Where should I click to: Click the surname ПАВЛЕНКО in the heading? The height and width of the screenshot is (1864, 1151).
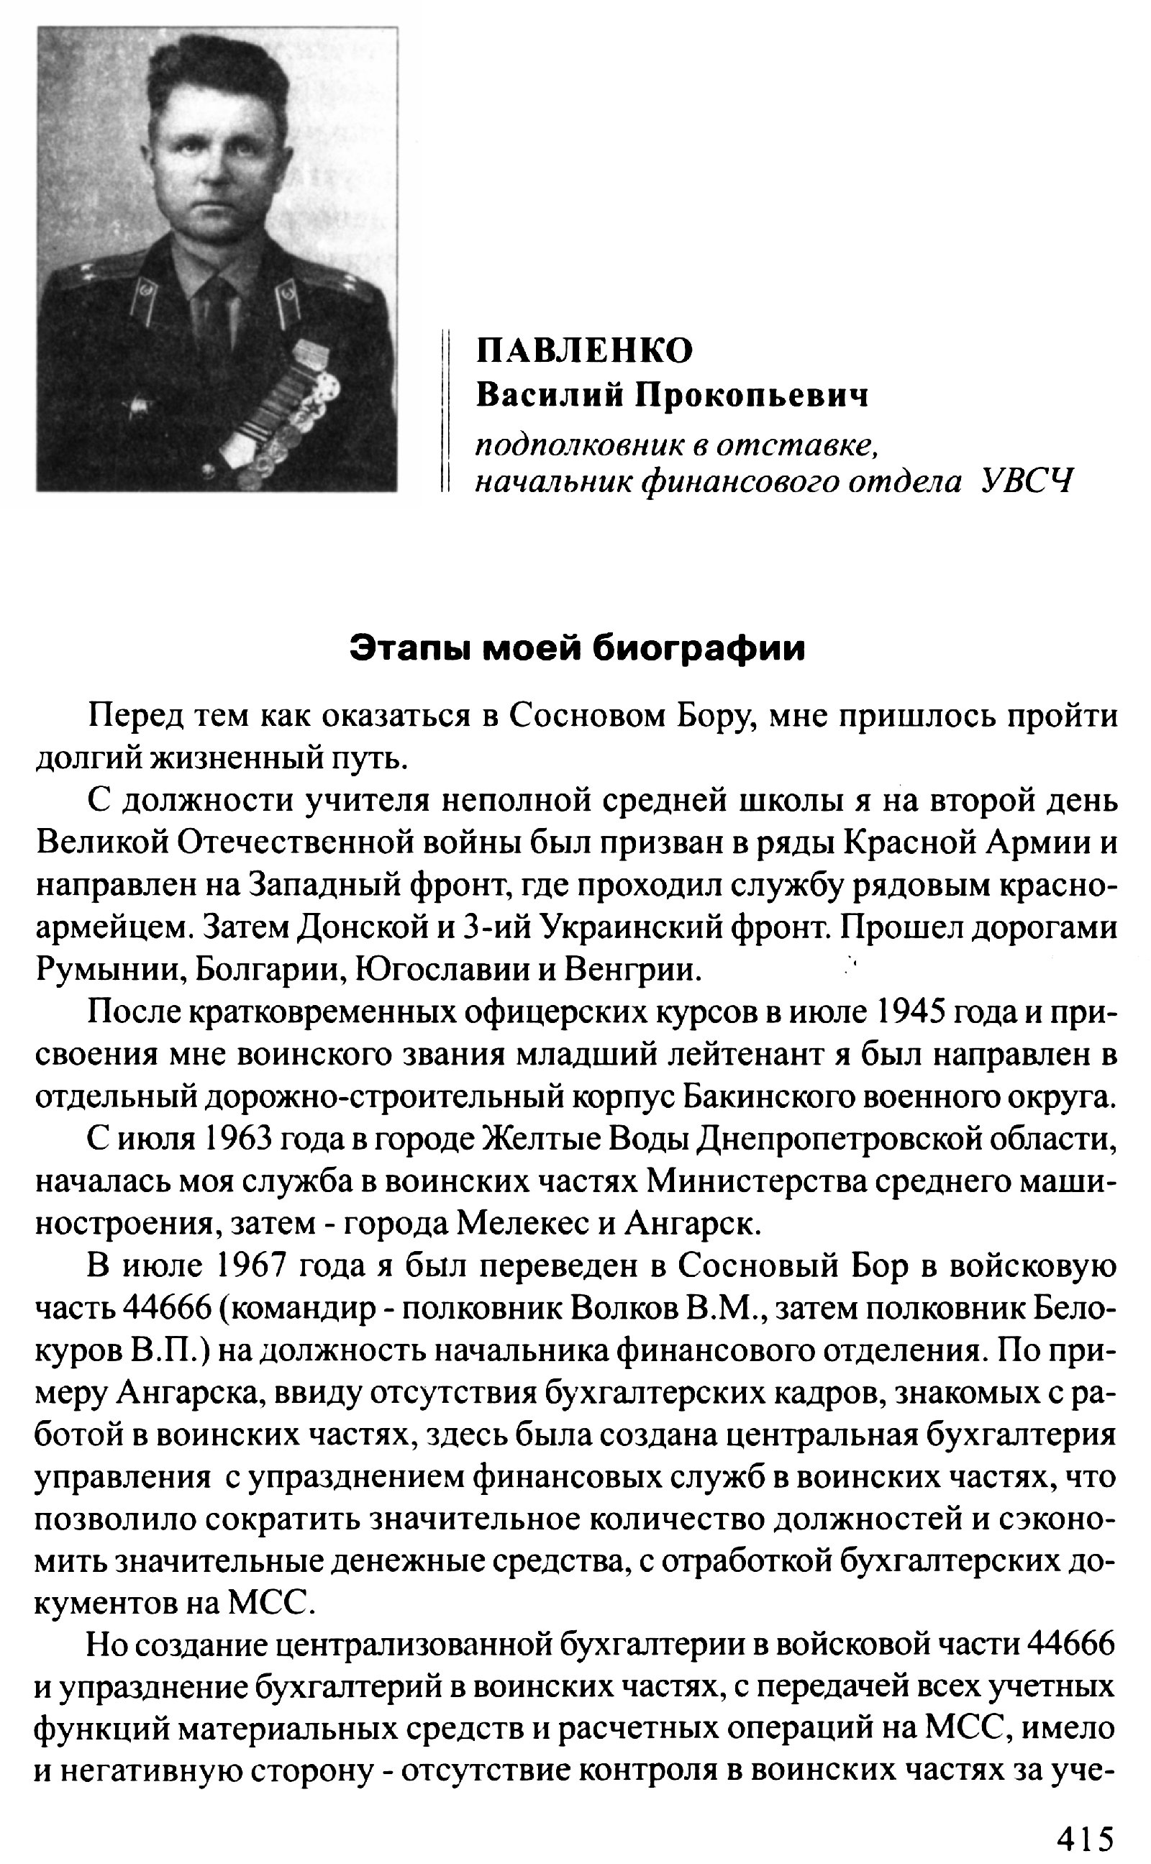tap(585, 351)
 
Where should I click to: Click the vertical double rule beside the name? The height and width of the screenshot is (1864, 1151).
tap(446, 411)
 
